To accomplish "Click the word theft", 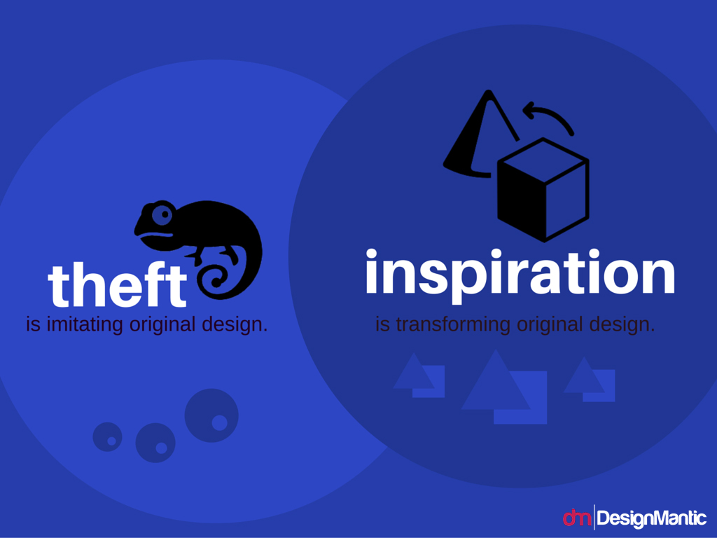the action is point(117,284).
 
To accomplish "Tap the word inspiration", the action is point(520,275).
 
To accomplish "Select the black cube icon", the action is point(543,189).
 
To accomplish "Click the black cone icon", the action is point(475,137).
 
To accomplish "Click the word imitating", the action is point(85,324).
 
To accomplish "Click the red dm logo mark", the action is point(577,518).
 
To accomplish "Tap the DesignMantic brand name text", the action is point(652,519).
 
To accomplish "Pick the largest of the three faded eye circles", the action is point(211,415).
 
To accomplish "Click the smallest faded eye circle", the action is point(107,437).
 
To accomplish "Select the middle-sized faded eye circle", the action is point(155,443).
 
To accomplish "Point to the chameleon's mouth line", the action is point(156,235).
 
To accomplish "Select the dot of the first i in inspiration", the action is point(371,254).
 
